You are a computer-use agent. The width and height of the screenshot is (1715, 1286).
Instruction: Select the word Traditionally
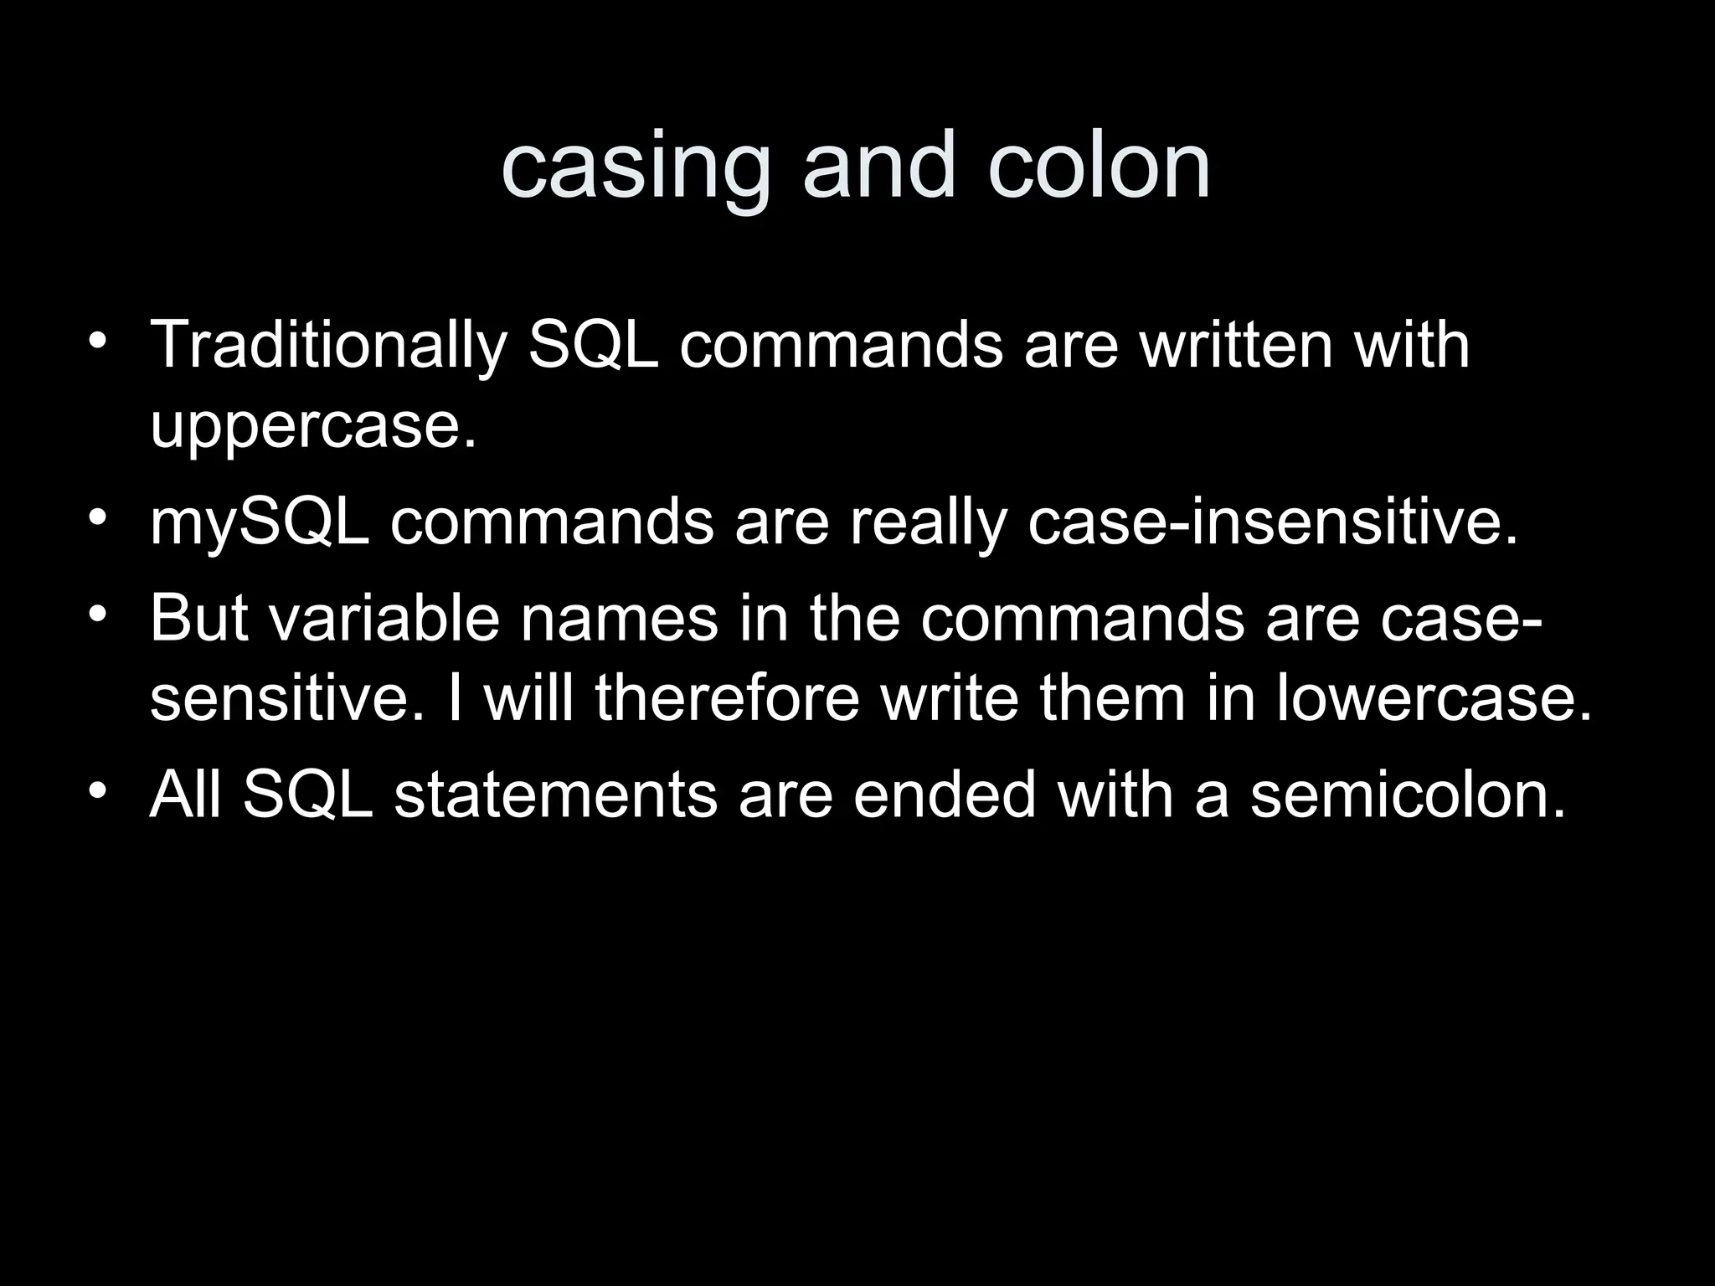(x=328, y=345)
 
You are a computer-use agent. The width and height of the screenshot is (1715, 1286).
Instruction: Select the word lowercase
(x=1433, y=698)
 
